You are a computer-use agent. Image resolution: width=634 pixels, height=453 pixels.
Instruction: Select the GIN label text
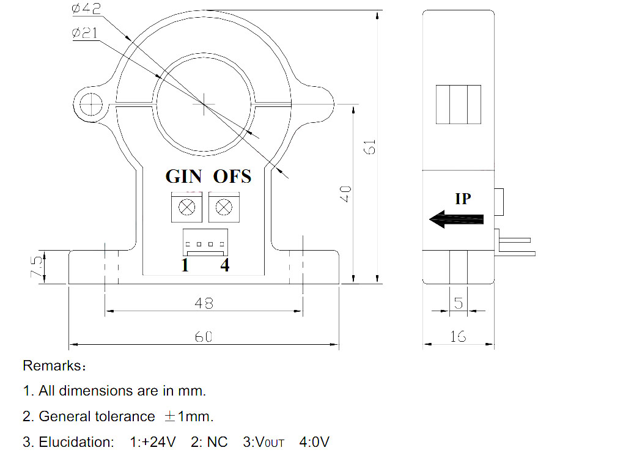pyautogui.click(x=183, y=177)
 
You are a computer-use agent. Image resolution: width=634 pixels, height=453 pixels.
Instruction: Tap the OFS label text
pyautogui.click(x=232, y=177)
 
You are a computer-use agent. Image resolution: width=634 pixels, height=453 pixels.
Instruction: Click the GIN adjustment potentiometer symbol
pyautogui.click(x=186, y=208)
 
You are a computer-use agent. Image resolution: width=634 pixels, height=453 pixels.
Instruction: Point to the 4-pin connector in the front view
pyautogui.click(x=205, y=241)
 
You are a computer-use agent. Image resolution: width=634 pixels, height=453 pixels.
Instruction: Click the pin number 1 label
pyautogui.click(x=185, y=266)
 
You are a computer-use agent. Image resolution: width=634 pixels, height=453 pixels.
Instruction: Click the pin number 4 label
pyautogui.click(x=225, y=266)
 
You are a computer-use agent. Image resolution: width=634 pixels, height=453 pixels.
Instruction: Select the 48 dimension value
pyautogui.click(x=204, y=302)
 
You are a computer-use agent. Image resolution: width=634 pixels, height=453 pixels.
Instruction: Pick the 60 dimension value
pyautogui.click(x=204, y=337)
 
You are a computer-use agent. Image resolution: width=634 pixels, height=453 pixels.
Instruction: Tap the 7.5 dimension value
pyautogui.click(x=37, y=267)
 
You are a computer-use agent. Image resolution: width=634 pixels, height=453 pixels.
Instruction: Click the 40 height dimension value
pyautogui.click(x=345, y=195)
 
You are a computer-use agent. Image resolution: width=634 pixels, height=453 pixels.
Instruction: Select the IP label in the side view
pyautogui.click(x=463, y=199)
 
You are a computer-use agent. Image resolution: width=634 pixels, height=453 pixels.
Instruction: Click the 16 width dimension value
pyautogui.click(x=458, y=336)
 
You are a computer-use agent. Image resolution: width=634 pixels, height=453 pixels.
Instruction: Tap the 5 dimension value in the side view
pyautogui.click(x=459, y=302)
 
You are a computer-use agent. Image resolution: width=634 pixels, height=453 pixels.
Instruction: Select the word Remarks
pyautogui.click(x=51, y=366)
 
